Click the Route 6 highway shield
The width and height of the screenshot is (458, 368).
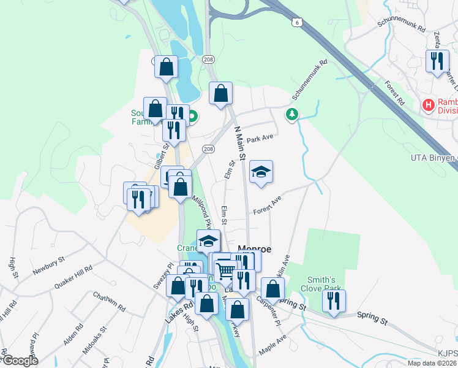click(x=297, y=22)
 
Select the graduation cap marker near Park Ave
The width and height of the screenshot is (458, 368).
click(x=261, y=171)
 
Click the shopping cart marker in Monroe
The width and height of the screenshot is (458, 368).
click(x=226, y=269)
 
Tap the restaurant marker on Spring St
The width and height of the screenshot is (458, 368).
click(x=334, y=300)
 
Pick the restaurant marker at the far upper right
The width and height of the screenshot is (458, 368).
click(x=437, y=61)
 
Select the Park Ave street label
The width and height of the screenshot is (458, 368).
click(x=260, y=137)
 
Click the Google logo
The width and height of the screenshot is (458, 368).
click(x=20, y=361)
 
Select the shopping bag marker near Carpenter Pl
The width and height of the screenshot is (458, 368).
click(x=272, y=288)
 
